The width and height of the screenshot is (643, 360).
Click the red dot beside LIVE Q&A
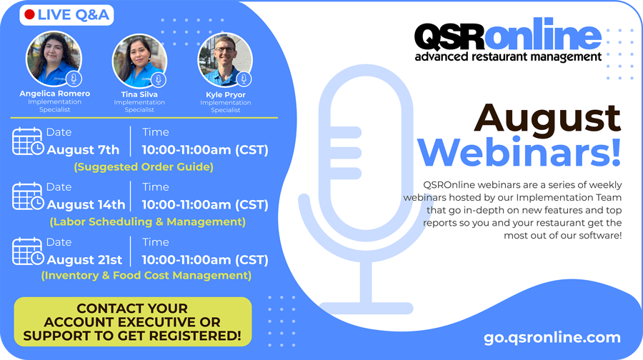coord(29,15)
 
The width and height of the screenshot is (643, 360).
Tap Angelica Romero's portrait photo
coord(54,59)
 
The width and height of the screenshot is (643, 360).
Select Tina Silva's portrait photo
coord(139,61)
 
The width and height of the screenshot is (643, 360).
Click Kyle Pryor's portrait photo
coord(225,60)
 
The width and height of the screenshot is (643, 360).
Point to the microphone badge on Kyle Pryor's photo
coord(244,79)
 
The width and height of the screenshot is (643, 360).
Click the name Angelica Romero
coord(54,94)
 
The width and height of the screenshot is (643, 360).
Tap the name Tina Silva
coord(139,94)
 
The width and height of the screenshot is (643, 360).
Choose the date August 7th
coord(83,150)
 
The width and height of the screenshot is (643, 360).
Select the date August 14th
coord(86,204)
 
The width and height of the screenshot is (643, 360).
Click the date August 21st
coord(84,259)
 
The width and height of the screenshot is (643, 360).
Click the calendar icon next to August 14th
coord(28,196)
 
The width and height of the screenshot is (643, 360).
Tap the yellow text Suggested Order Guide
coord(144,167)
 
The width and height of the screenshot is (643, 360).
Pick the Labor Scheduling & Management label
coord(148,222)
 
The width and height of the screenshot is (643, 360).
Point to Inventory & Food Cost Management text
coord(146,275)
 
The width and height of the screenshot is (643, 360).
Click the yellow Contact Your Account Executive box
coord(132,322)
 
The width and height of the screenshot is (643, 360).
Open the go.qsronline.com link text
coord(552,337)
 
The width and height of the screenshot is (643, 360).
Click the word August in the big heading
coord(547,118)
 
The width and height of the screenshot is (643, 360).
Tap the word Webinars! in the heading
coord(519,152)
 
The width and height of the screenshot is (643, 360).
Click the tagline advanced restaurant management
coord(508,56)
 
